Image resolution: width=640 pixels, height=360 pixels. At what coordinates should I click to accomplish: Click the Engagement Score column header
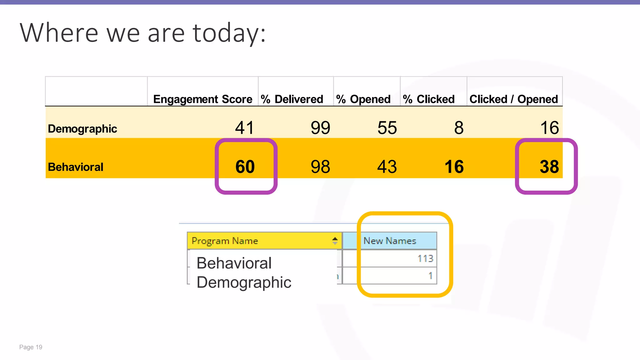pyautogui.click(x=202, y=99)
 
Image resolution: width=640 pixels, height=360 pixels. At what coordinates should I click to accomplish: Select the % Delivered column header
pyautogui.click(x=292, y=99)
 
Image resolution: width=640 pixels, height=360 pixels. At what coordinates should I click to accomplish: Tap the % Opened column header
pyautogui.click(x=363, y=99)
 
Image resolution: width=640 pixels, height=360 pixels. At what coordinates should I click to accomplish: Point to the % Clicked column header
pyautogui.click(x=429, y=99)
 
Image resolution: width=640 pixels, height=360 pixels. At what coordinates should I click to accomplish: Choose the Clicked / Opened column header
pyautogui.click(x=513, y=99)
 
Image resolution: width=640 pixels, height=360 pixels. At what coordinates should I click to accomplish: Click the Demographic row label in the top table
pyautogui.click(x=82, y=129)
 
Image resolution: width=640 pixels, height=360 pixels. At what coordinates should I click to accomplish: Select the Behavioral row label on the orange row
pyautogui.click(x=75, y=167)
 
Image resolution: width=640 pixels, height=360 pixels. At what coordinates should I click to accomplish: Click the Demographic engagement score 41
pyautogui.click(x=244, y=128)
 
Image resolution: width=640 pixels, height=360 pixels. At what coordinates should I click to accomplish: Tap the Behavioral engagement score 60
pyautogui.click(x=245, y=167)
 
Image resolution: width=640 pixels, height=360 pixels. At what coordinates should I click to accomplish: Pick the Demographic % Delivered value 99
pyautogui.click(x=320, y=128)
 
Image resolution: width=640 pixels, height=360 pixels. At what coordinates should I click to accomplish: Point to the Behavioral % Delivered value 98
pyautogui.click(x=320, y=167)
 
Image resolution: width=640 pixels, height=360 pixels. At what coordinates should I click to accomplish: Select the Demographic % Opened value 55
pyautogui.click(x=387, y=128)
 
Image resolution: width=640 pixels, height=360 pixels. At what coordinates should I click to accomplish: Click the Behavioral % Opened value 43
pyautogui.click(x=387, y=167)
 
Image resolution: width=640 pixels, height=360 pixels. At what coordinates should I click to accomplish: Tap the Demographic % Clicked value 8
pyautogui.click(x=459, y=128)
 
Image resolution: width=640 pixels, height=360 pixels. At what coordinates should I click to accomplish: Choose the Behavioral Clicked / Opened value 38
pyautogui.click(x=549, y=167)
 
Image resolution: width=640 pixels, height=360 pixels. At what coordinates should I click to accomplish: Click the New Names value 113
pyautogui.click(x=425, y=258)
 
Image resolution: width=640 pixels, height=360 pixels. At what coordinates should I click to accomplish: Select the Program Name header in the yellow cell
pyautogui.click(x=225, y=241)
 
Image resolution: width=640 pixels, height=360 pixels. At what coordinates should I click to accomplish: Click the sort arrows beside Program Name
pyautogui.click(x=335, y=241)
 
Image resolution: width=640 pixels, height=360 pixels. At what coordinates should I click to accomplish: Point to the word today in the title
pyautogui.click(x=229, y=33)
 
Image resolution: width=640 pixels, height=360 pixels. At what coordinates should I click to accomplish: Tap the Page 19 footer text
pyautogui.click(x=31, y=347)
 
